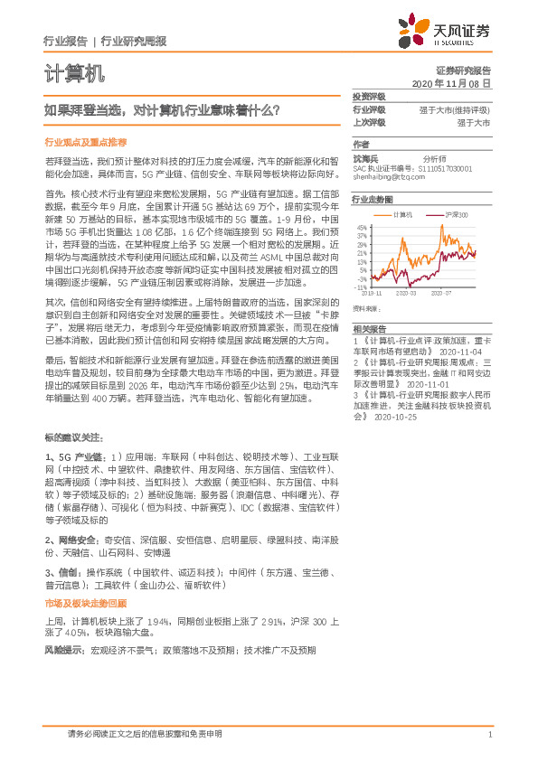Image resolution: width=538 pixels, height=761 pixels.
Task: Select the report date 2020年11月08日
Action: (x=450, y=83)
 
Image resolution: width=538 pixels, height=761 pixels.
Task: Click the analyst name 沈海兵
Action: (x=366, y=157)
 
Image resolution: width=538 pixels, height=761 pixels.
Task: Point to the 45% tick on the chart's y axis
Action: (x=361, y=226)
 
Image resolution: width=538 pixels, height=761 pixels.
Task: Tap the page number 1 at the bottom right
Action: (x=489, y=735)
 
